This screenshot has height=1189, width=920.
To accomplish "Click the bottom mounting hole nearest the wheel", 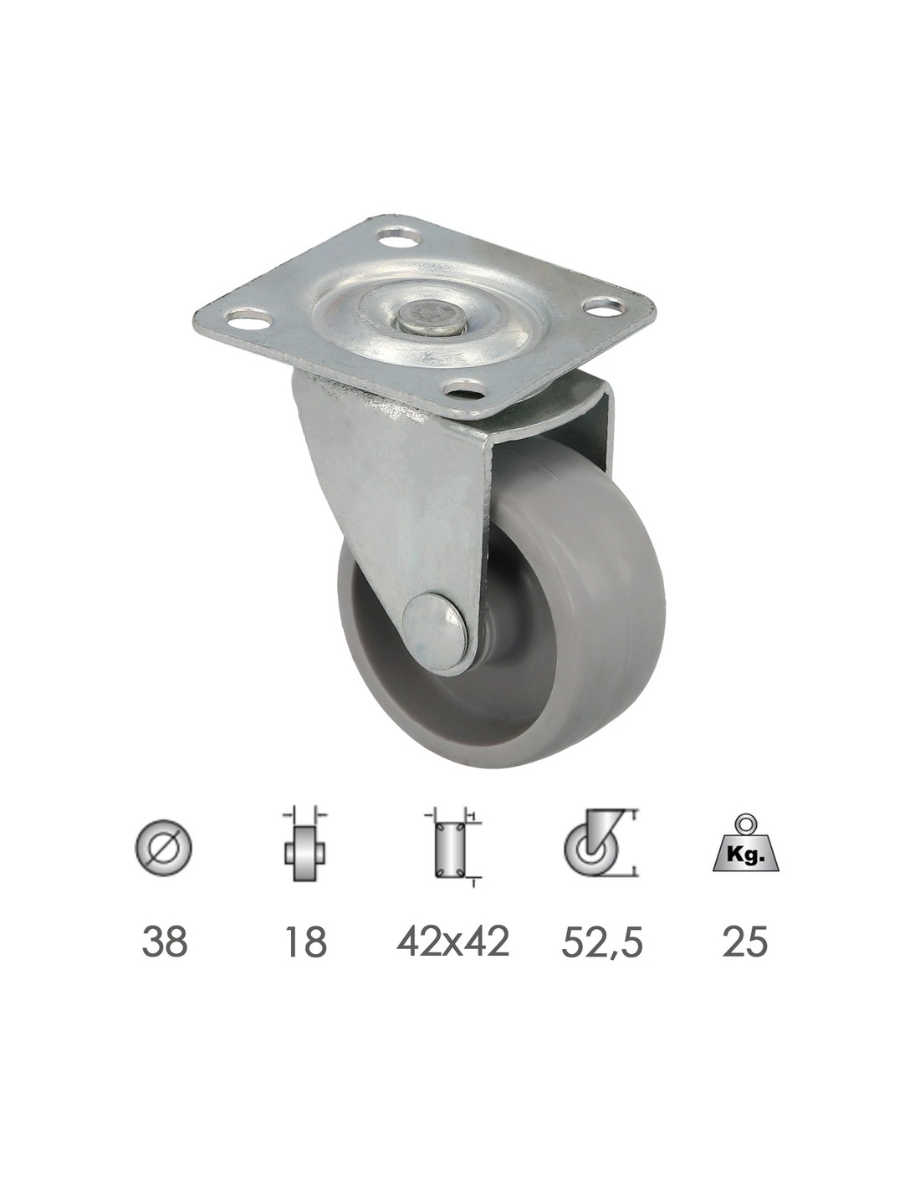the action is pos(466,389).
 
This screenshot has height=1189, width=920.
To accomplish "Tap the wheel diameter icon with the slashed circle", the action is pos(164,855).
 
